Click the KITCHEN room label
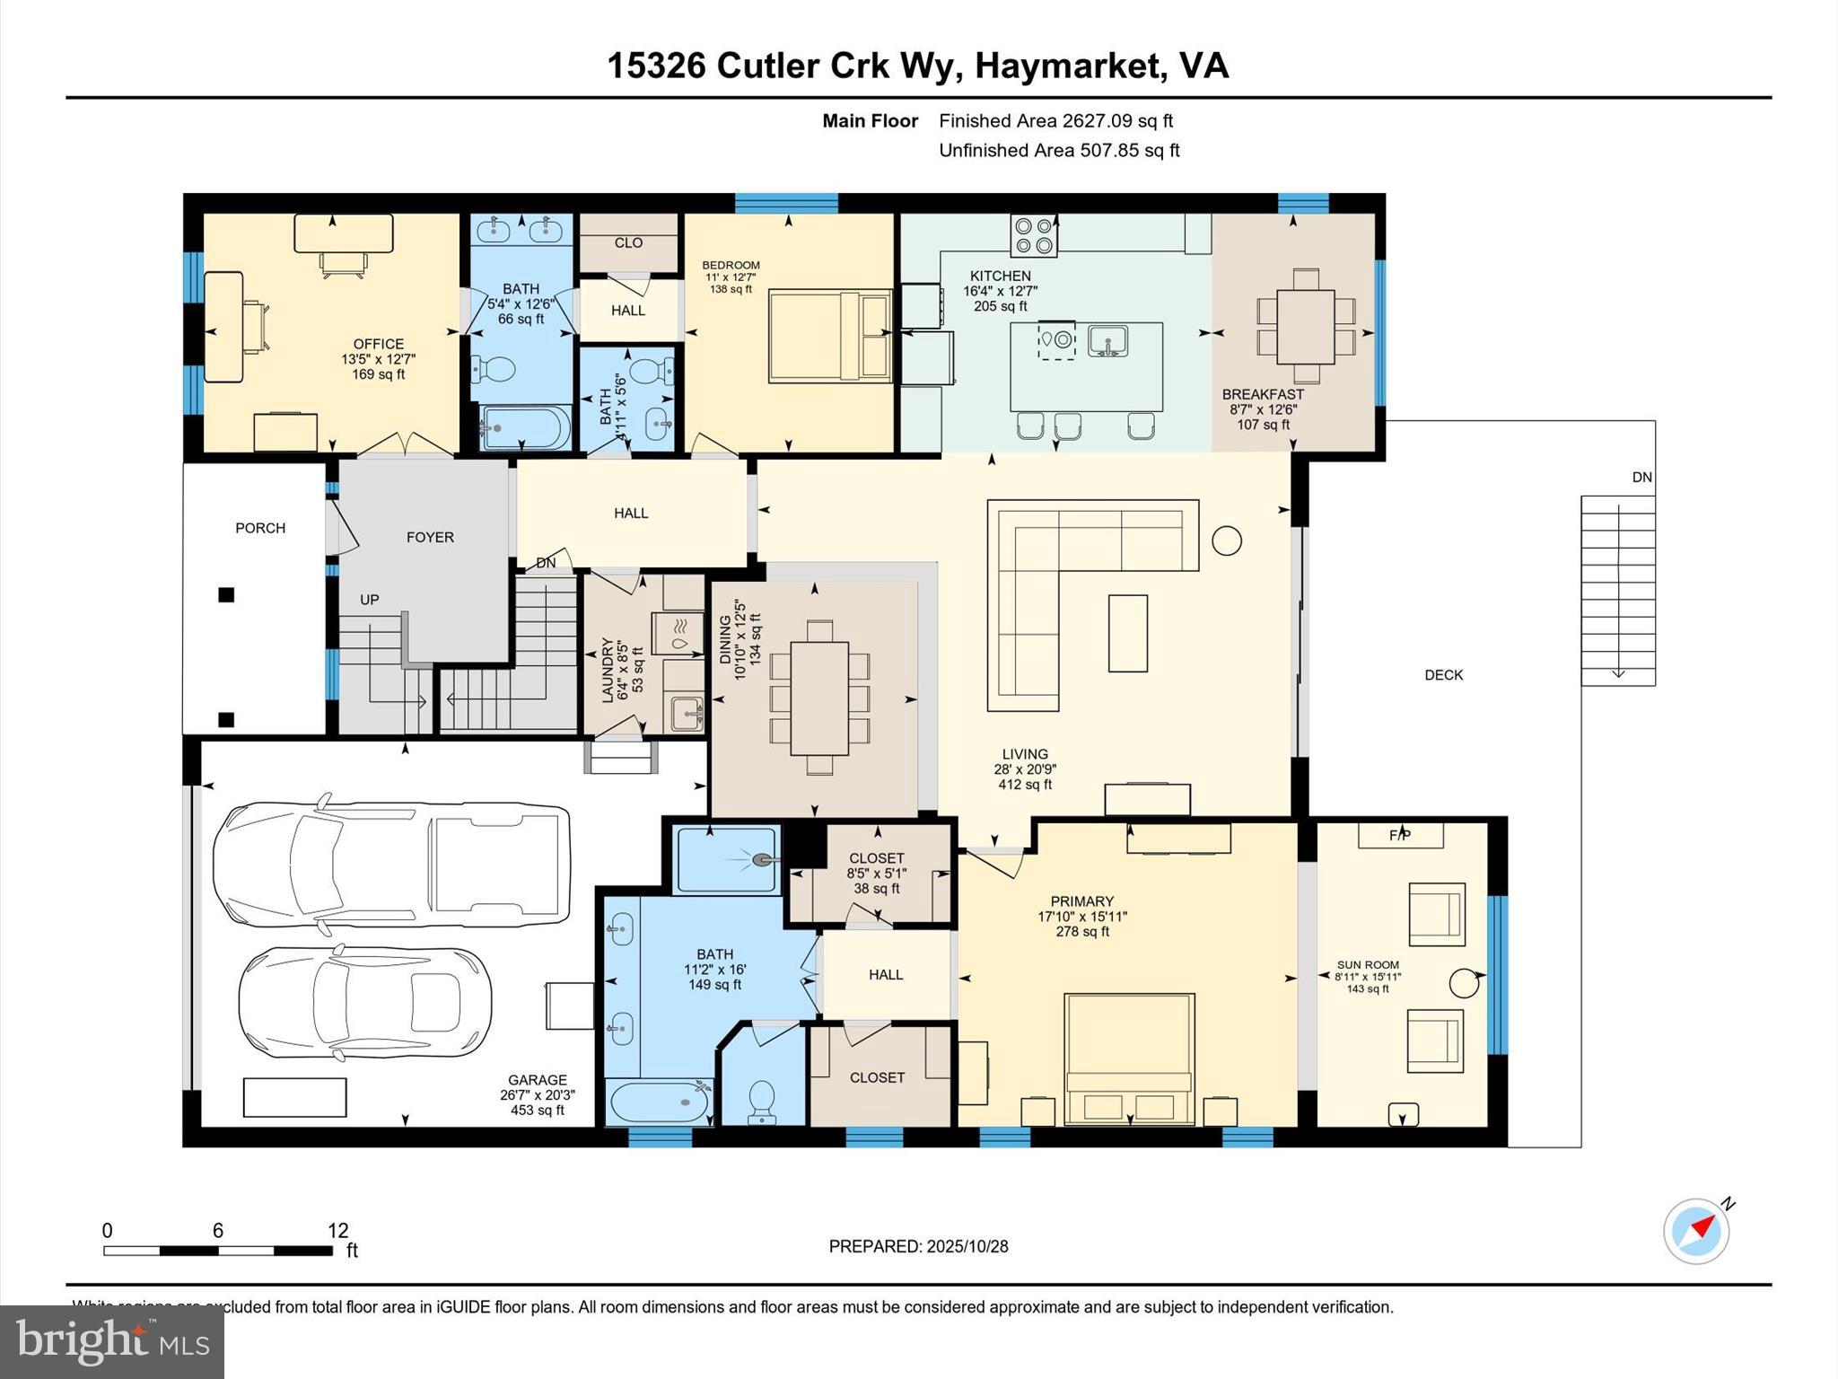pos(1000,277)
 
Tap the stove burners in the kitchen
pos(1033,234)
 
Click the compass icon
pos(1695,1232)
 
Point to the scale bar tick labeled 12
pos(337,1231)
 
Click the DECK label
pos(1443,675)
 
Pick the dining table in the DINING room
pos(819,698)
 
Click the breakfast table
pos(1305,326)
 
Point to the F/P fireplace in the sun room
pos(1399,835)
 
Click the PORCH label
pos(260,528)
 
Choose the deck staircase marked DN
pos(1617,590)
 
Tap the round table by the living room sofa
pos(1226,540)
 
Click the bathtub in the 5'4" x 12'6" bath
pos(525,428)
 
